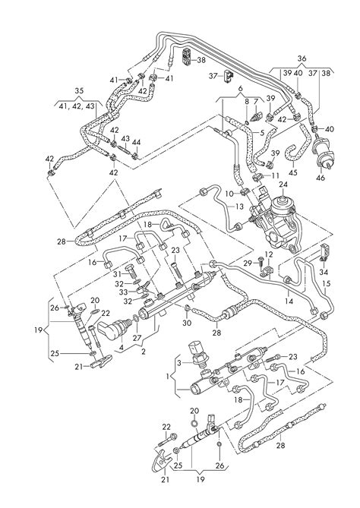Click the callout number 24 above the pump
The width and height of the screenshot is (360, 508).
[x=283, y=185]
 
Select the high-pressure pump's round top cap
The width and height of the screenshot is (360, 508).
[x=280, y=205]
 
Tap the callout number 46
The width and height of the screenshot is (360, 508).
[x=321, y=178]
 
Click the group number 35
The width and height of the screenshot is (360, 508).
[x=79, y=91]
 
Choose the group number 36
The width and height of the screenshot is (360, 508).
[x=302, y=58]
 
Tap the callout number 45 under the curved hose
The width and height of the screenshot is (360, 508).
[x=292, y=172]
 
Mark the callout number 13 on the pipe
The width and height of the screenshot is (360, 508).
[x=239, y=207]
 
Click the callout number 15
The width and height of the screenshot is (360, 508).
[x=327, y=284]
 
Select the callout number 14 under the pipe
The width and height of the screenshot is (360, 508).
[x=289, y=301]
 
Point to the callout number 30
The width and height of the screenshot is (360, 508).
[x=187, y=323]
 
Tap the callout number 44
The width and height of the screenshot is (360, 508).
[x=137, y=142]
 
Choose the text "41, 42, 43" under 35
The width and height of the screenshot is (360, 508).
[x=77, y=106]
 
